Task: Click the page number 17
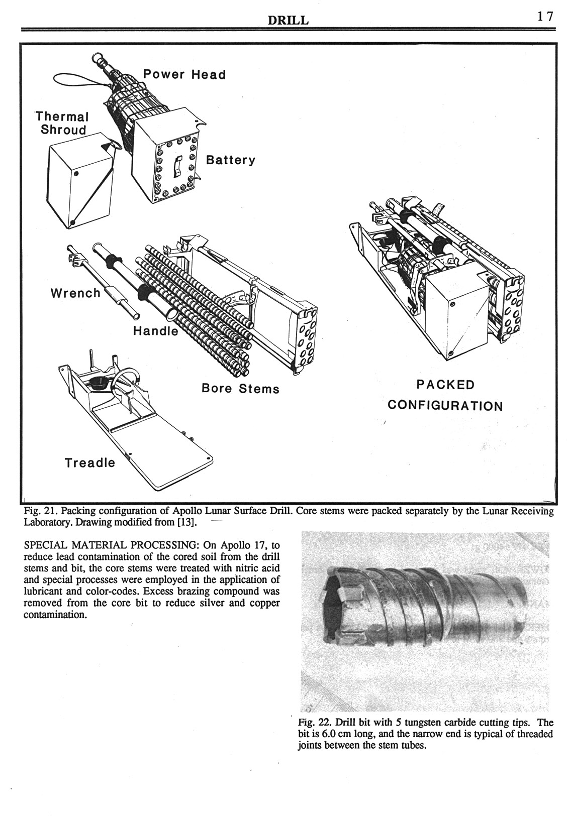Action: click(545, 16)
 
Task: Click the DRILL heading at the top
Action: click(288, 20)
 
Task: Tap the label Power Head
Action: click(184, 75)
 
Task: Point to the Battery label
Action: click(231, 160)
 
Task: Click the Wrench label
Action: click(76, 293)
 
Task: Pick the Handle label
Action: click(155, 331)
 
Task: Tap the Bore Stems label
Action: click(240, 389)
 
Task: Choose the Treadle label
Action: click(90, 462)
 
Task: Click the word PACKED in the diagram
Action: click(445, 385)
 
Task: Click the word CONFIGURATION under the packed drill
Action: click(445, 406)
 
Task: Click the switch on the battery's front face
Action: click(176, 166)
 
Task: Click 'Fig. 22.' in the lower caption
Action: click(315, 723)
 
